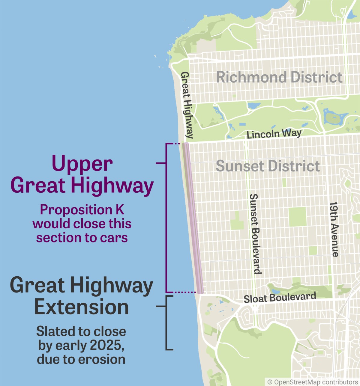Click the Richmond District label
pos(279,77)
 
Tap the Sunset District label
pos(268,166)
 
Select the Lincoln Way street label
pos(274,133)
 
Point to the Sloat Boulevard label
pos(280,298)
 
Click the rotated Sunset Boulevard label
pos(255,234)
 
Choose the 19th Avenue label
pos(334,229)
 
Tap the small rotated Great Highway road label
pos(187,105)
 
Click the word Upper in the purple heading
pos(82,164)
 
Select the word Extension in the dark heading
pos(82,307)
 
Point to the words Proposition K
pos(82,210)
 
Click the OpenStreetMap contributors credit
pos(313,382)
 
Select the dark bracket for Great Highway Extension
pos(166,323)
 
